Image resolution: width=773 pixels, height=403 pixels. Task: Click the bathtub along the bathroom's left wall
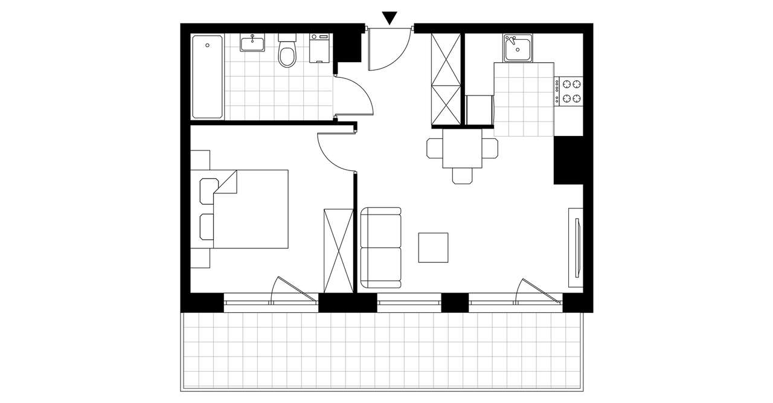(x=207, y=76)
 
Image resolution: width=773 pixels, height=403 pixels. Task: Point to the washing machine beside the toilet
(x=320, y=48)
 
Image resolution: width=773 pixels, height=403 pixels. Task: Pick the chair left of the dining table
(x=435, y=148)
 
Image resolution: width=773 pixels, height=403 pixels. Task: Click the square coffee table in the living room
(x=434, y=247)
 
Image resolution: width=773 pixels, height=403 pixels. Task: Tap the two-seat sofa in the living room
(x=380, y=248)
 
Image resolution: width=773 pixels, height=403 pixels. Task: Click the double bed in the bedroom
(x=251, y=209)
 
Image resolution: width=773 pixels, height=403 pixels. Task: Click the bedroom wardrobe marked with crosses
(x=338, y=250)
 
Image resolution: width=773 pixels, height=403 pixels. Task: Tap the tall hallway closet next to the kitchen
(x=446, y=80)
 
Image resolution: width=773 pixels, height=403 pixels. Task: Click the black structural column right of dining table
(x=568, y=160)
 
